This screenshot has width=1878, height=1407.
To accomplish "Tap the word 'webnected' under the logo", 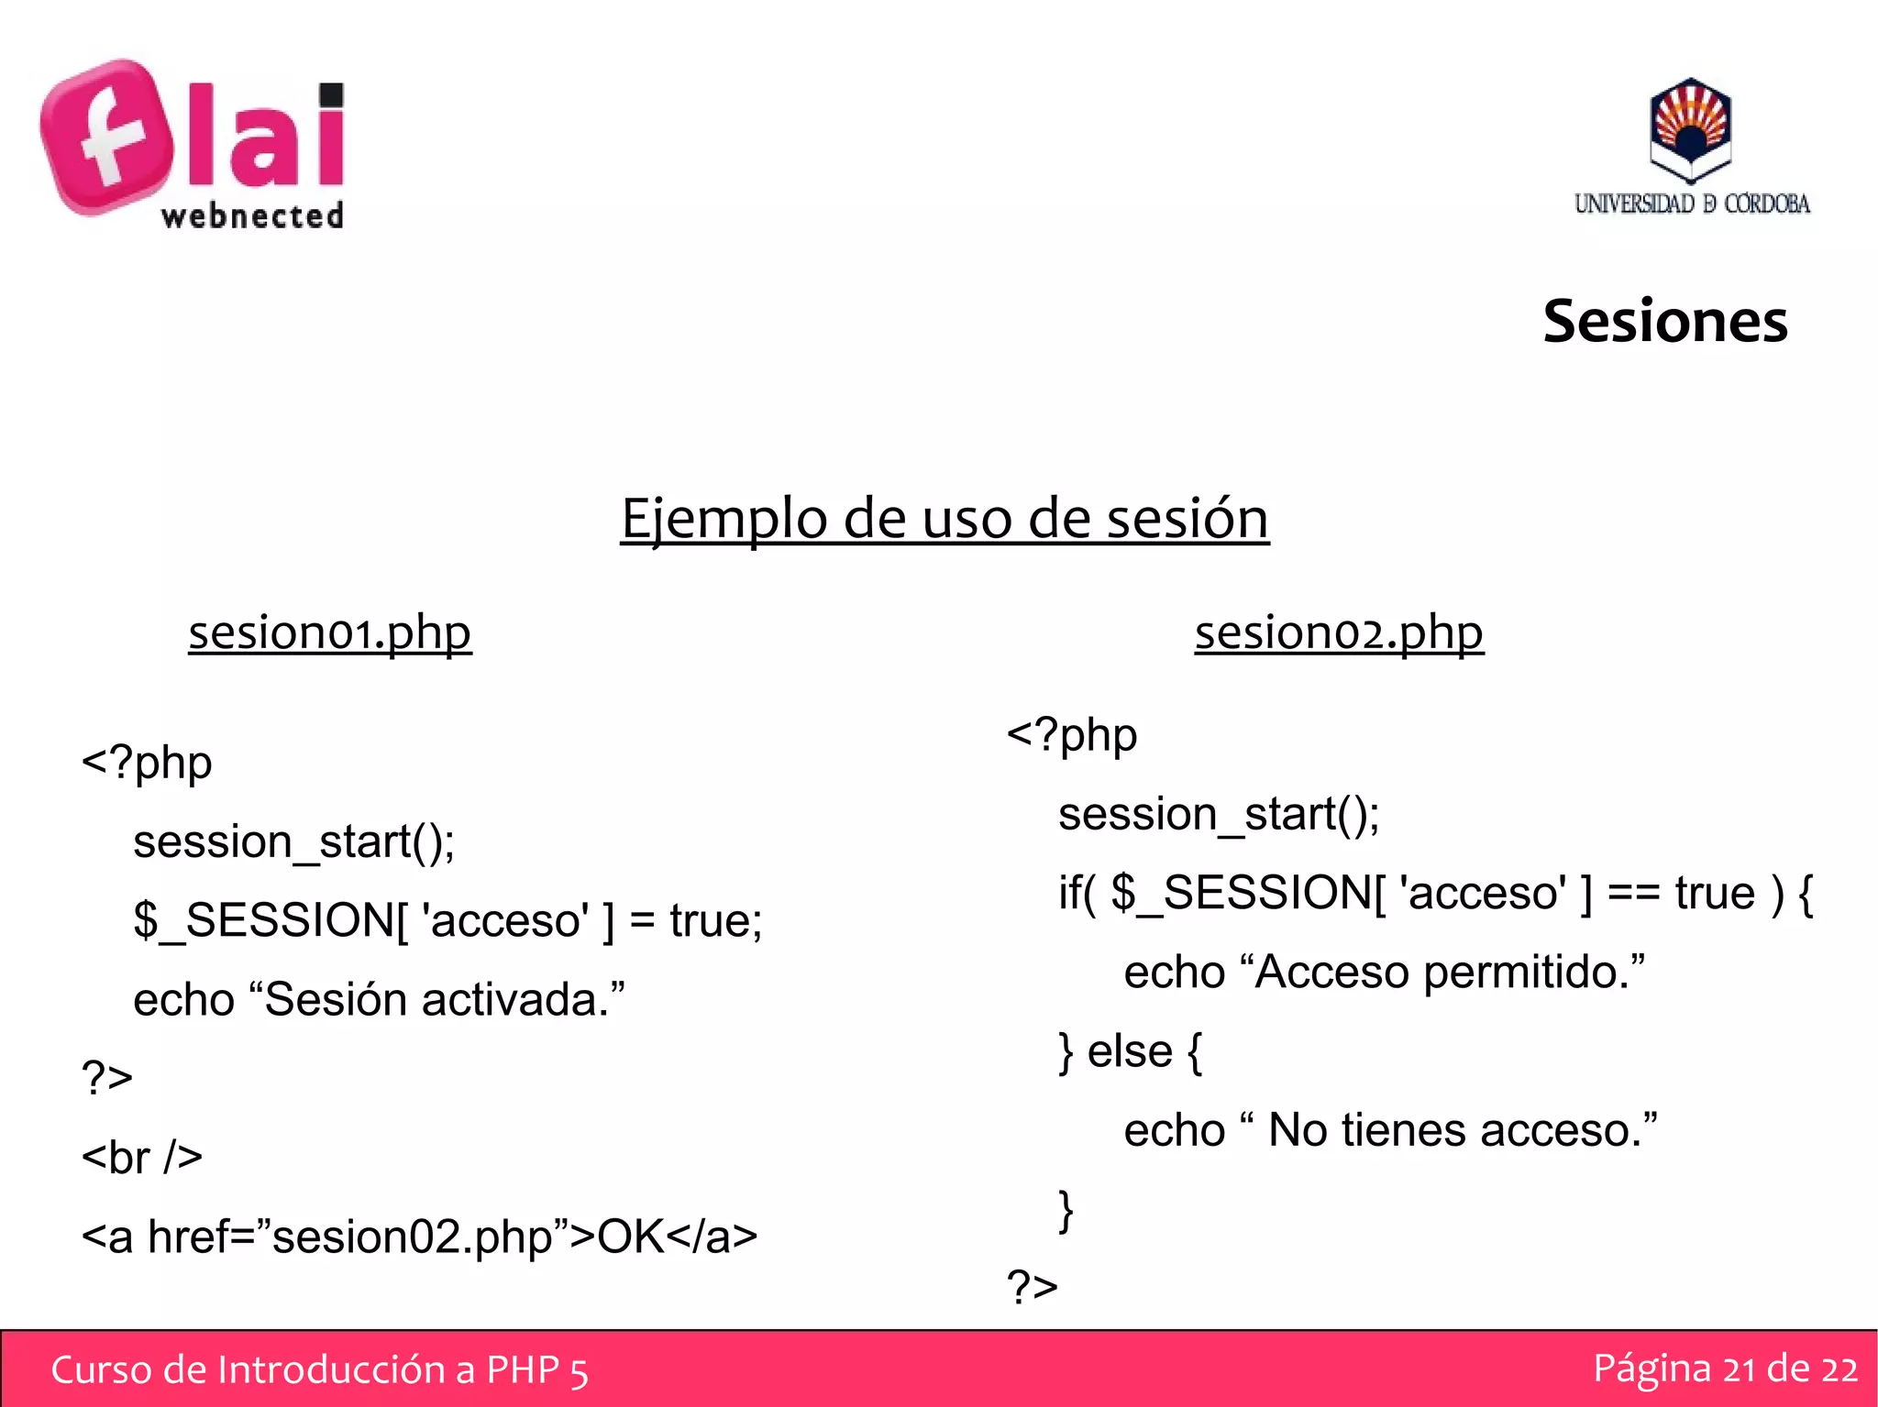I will [252, 216].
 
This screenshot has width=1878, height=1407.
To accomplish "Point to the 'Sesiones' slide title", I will [1664, 322].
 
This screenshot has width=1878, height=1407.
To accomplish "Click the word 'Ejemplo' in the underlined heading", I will [724, 519].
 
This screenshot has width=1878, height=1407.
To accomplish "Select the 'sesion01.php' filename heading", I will [330, 632].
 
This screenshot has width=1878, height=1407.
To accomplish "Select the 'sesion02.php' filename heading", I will [1339, 632].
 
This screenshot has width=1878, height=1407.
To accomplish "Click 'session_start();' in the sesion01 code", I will [293, 841].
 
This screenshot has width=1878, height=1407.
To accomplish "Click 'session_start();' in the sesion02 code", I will [1219, 814].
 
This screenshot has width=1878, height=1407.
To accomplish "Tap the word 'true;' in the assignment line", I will [715, 920].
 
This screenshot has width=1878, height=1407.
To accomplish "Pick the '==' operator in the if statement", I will [1633, 894].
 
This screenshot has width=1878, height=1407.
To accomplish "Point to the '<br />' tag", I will [142, 1157].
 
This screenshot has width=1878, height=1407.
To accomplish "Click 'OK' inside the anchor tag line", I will [630, 1237].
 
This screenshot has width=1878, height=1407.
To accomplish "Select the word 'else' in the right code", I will [1129, 1051].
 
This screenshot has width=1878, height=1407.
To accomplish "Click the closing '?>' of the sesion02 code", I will [1033, 1287].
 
